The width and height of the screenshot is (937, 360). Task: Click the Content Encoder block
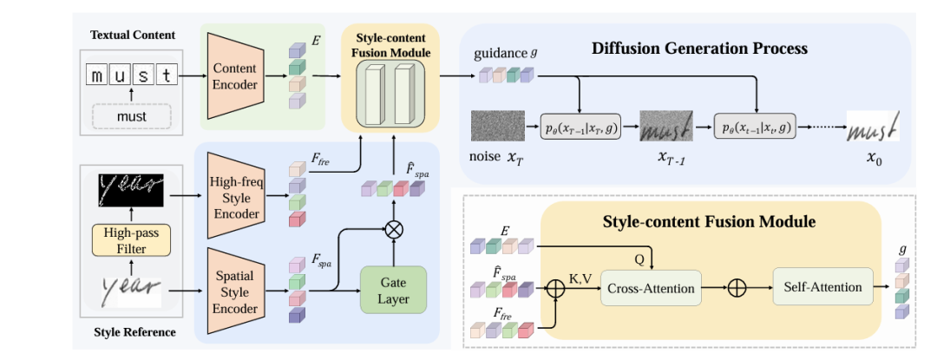pos(234,76)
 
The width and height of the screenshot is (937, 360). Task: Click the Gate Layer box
pos(396,290)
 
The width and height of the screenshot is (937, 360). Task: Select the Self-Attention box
pos(822,287)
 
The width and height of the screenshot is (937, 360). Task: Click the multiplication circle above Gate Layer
pos(396,230)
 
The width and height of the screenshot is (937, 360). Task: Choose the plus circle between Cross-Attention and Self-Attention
pos(735,287)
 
